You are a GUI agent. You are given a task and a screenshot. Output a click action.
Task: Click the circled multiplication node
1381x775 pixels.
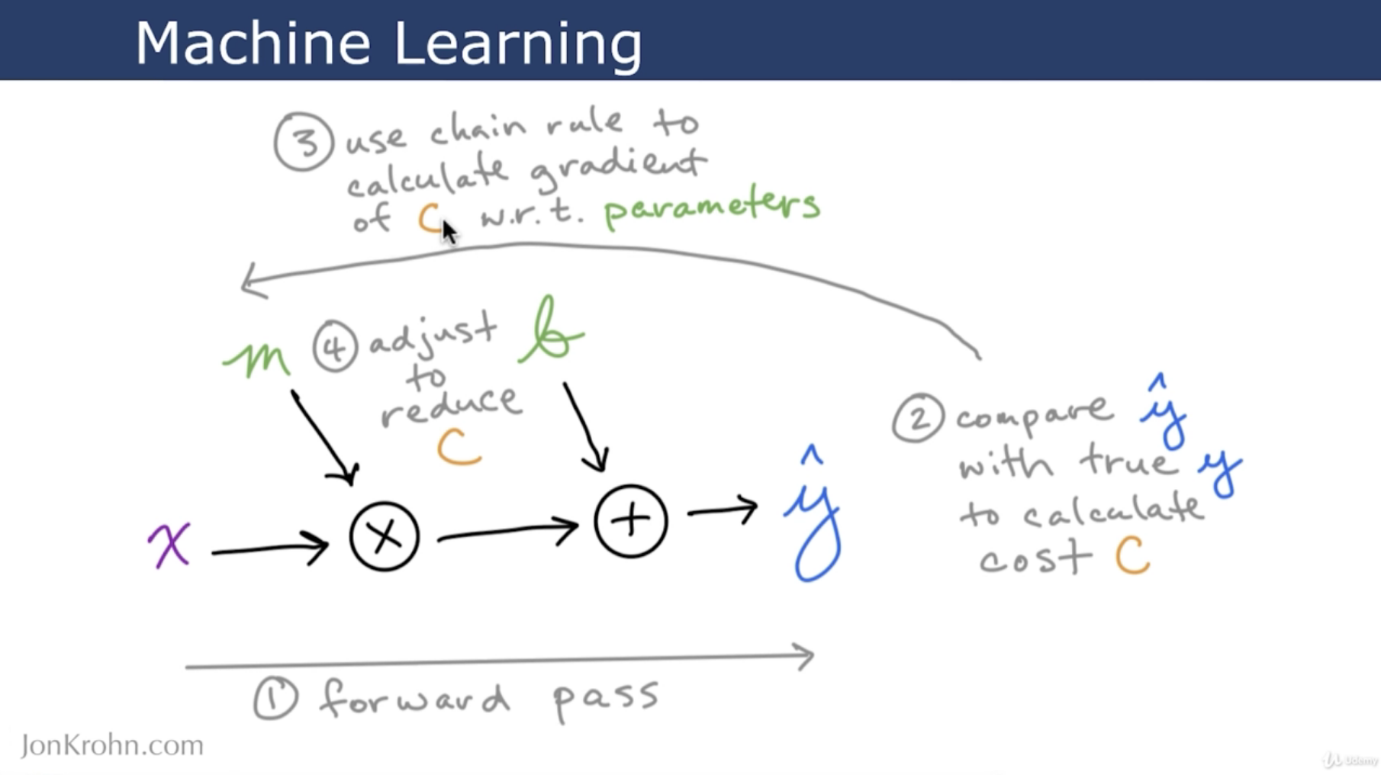pos(385,535)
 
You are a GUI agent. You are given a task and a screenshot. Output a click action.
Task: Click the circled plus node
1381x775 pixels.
pos(631,521)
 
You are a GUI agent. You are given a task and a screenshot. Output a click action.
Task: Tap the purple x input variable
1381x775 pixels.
pos(169,545)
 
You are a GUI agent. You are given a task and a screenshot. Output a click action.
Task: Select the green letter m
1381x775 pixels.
pos(256,359)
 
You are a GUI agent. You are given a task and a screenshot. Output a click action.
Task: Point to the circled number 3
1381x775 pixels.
pos(304,142)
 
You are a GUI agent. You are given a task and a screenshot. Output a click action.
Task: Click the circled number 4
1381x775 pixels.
pos(335,347)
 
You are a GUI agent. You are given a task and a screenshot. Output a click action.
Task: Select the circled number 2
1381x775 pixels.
pos(919,417)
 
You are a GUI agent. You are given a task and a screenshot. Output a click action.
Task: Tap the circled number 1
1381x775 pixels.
pos(275,697)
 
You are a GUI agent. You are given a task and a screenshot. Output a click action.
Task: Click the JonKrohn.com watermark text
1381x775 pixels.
pos(112,745)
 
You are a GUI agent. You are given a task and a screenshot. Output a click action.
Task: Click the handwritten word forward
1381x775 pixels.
pos(414,699)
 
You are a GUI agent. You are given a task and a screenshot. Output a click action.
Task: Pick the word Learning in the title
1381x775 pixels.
pos(518,44)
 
